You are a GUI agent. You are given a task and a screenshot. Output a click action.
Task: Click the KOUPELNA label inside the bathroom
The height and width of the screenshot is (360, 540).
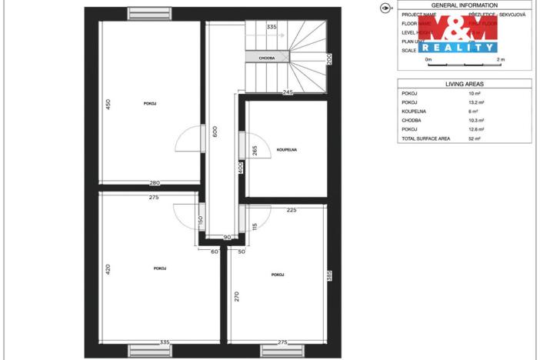287,149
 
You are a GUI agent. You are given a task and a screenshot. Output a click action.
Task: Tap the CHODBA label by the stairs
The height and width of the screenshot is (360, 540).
267,58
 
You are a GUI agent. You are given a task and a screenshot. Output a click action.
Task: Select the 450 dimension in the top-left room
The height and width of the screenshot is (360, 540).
109,104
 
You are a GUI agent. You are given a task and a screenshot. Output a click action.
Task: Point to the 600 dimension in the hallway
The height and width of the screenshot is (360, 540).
215,132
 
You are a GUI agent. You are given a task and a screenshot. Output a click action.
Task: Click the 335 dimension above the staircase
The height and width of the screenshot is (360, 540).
271,27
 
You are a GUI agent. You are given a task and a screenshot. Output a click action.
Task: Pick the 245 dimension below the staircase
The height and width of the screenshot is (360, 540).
288,92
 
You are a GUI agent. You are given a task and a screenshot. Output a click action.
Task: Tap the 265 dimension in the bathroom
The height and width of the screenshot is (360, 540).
254,151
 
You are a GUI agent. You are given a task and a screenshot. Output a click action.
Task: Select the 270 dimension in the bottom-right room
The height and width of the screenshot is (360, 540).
238,296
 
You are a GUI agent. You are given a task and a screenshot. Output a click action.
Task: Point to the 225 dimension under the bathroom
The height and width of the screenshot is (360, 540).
292,209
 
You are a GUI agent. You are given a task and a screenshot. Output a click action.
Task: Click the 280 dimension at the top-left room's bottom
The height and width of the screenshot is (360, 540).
154,182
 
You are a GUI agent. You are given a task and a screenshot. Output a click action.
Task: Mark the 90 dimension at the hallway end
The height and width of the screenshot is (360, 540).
228,237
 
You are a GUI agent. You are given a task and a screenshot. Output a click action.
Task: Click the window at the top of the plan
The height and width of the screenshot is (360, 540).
149,12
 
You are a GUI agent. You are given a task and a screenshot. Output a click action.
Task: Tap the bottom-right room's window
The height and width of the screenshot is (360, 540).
282,351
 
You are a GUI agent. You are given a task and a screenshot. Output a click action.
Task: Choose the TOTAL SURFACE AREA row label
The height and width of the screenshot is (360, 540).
426,139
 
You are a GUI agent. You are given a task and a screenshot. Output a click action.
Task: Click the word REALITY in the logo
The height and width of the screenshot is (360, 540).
458,47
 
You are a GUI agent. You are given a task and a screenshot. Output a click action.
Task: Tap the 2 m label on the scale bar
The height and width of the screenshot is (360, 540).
501,59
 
